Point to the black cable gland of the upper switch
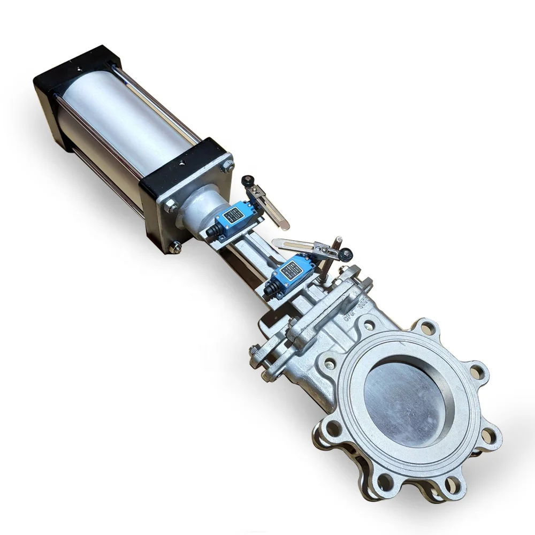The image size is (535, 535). pyautogui.click(x=212, y=231)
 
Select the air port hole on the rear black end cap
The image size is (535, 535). pyautogui.click(x=79, y=68)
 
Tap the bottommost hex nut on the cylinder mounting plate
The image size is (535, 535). pyautogui.click(x=174, y=247)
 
